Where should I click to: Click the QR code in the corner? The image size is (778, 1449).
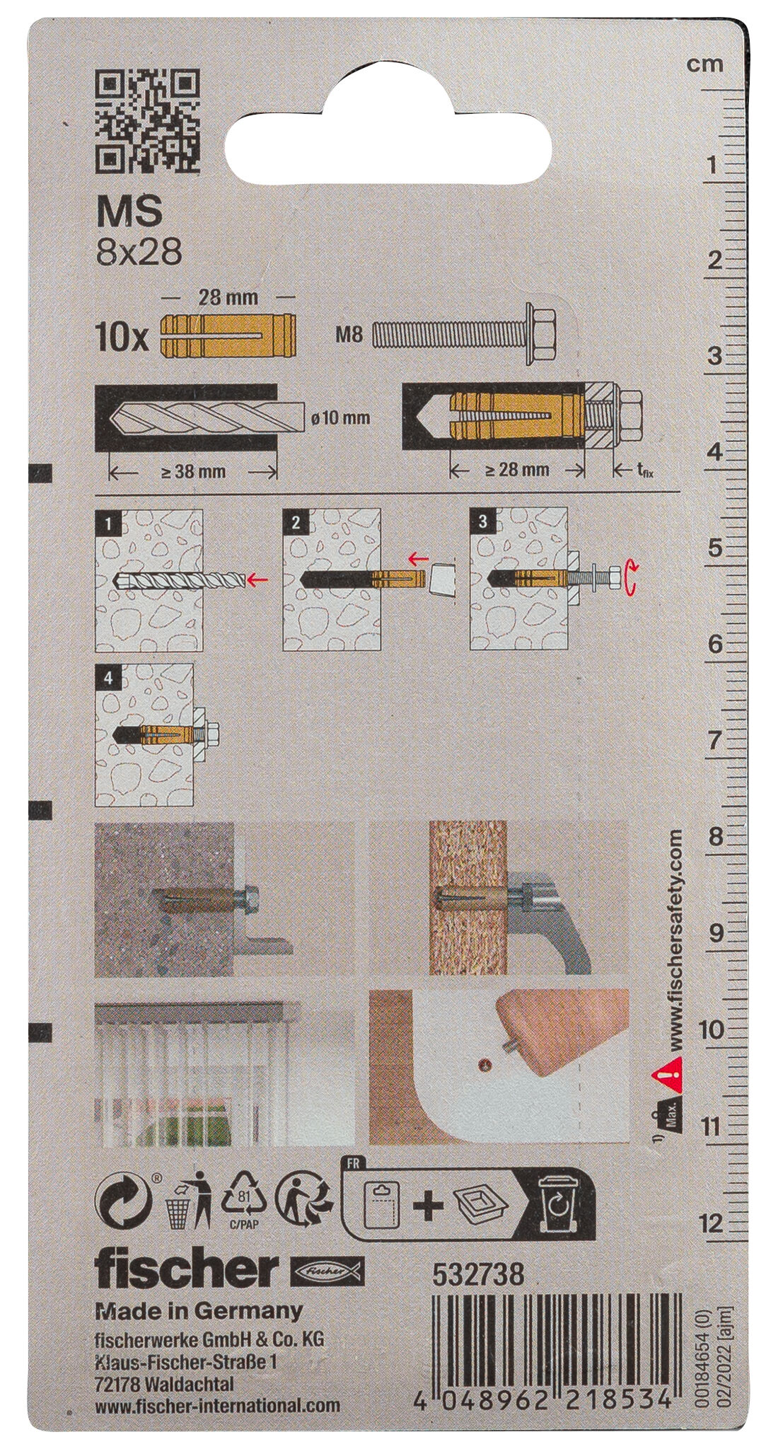coord(148,121)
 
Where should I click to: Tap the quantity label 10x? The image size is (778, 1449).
coord(122,339)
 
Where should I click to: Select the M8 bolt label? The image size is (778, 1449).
coord(349,333)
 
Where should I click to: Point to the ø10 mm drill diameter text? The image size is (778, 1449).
coord(340,417)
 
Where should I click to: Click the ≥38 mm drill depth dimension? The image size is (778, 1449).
coord(192,471)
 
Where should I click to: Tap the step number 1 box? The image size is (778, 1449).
coord(108,524)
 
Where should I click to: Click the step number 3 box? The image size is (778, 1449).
coord(482,522)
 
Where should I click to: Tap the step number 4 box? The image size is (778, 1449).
coord(108,677)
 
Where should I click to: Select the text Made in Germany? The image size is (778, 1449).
coord(199,1310)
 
